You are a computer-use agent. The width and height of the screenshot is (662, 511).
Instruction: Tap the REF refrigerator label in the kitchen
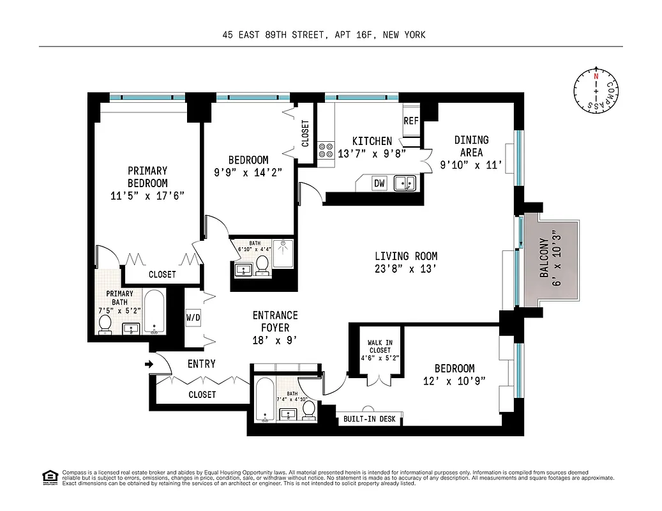coord(410,121)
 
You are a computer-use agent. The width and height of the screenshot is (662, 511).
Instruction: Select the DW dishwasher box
coord(379,183)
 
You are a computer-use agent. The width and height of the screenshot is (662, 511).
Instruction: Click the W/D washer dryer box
coord(193,317)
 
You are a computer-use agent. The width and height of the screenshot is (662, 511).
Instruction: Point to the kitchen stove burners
coord(326,150)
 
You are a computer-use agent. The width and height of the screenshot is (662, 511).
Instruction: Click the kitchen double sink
coord(405,183)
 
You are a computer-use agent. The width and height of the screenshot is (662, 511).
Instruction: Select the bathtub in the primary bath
coord(154,312)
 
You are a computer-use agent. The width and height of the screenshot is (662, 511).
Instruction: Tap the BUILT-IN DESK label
coord(370,419)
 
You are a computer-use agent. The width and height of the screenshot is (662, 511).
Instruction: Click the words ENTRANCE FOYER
coord(275,321)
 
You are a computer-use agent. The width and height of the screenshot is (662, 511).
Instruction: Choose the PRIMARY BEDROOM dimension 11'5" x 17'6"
coord(147,196)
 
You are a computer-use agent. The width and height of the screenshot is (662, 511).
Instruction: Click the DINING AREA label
coord(472,146)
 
